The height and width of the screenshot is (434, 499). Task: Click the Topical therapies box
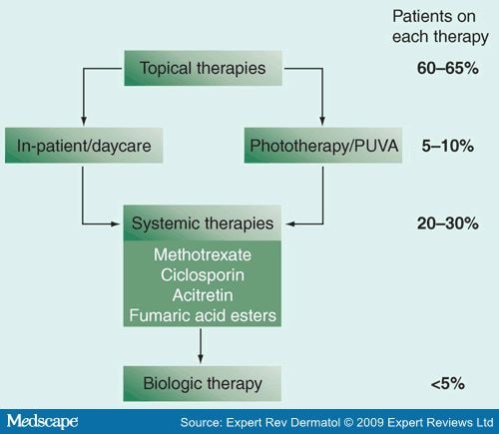(x=203, y=68)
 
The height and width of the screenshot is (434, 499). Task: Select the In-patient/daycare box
(x=84, y=146)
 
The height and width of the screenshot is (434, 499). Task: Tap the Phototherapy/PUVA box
(x=323, y=146)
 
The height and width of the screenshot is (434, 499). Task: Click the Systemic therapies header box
(x=203, y=222)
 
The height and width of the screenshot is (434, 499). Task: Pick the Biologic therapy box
(x=203, y=383)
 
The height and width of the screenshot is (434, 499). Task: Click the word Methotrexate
(x=203, y=255)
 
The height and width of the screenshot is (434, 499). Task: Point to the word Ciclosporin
(x=203, y=275)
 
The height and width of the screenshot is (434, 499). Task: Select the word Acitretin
(x=203, y=295)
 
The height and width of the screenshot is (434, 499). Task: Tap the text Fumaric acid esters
(x=203, y=315)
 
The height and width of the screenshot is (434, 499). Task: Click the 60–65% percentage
(x=448, y=68)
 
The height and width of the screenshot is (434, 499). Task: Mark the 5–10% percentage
(x=448, y=146)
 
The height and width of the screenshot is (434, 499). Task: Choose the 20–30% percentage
(x=448, y=223)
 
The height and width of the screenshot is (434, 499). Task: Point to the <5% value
(x=448, y=384)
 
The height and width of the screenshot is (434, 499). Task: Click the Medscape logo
(x=42, y=421)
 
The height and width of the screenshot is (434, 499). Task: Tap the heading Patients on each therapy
(x=440, y=27)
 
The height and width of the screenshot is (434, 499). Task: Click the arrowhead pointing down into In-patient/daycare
(x=84, y=121)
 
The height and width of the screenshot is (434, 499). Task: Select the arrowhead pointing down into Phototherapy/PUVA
(x=322, y=121)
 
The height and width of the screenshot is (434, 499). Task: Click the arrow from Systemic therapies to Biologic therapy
(x=201, y=346)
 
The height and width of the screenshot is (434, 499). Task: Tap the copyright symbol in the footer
(x=348, y=422)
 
